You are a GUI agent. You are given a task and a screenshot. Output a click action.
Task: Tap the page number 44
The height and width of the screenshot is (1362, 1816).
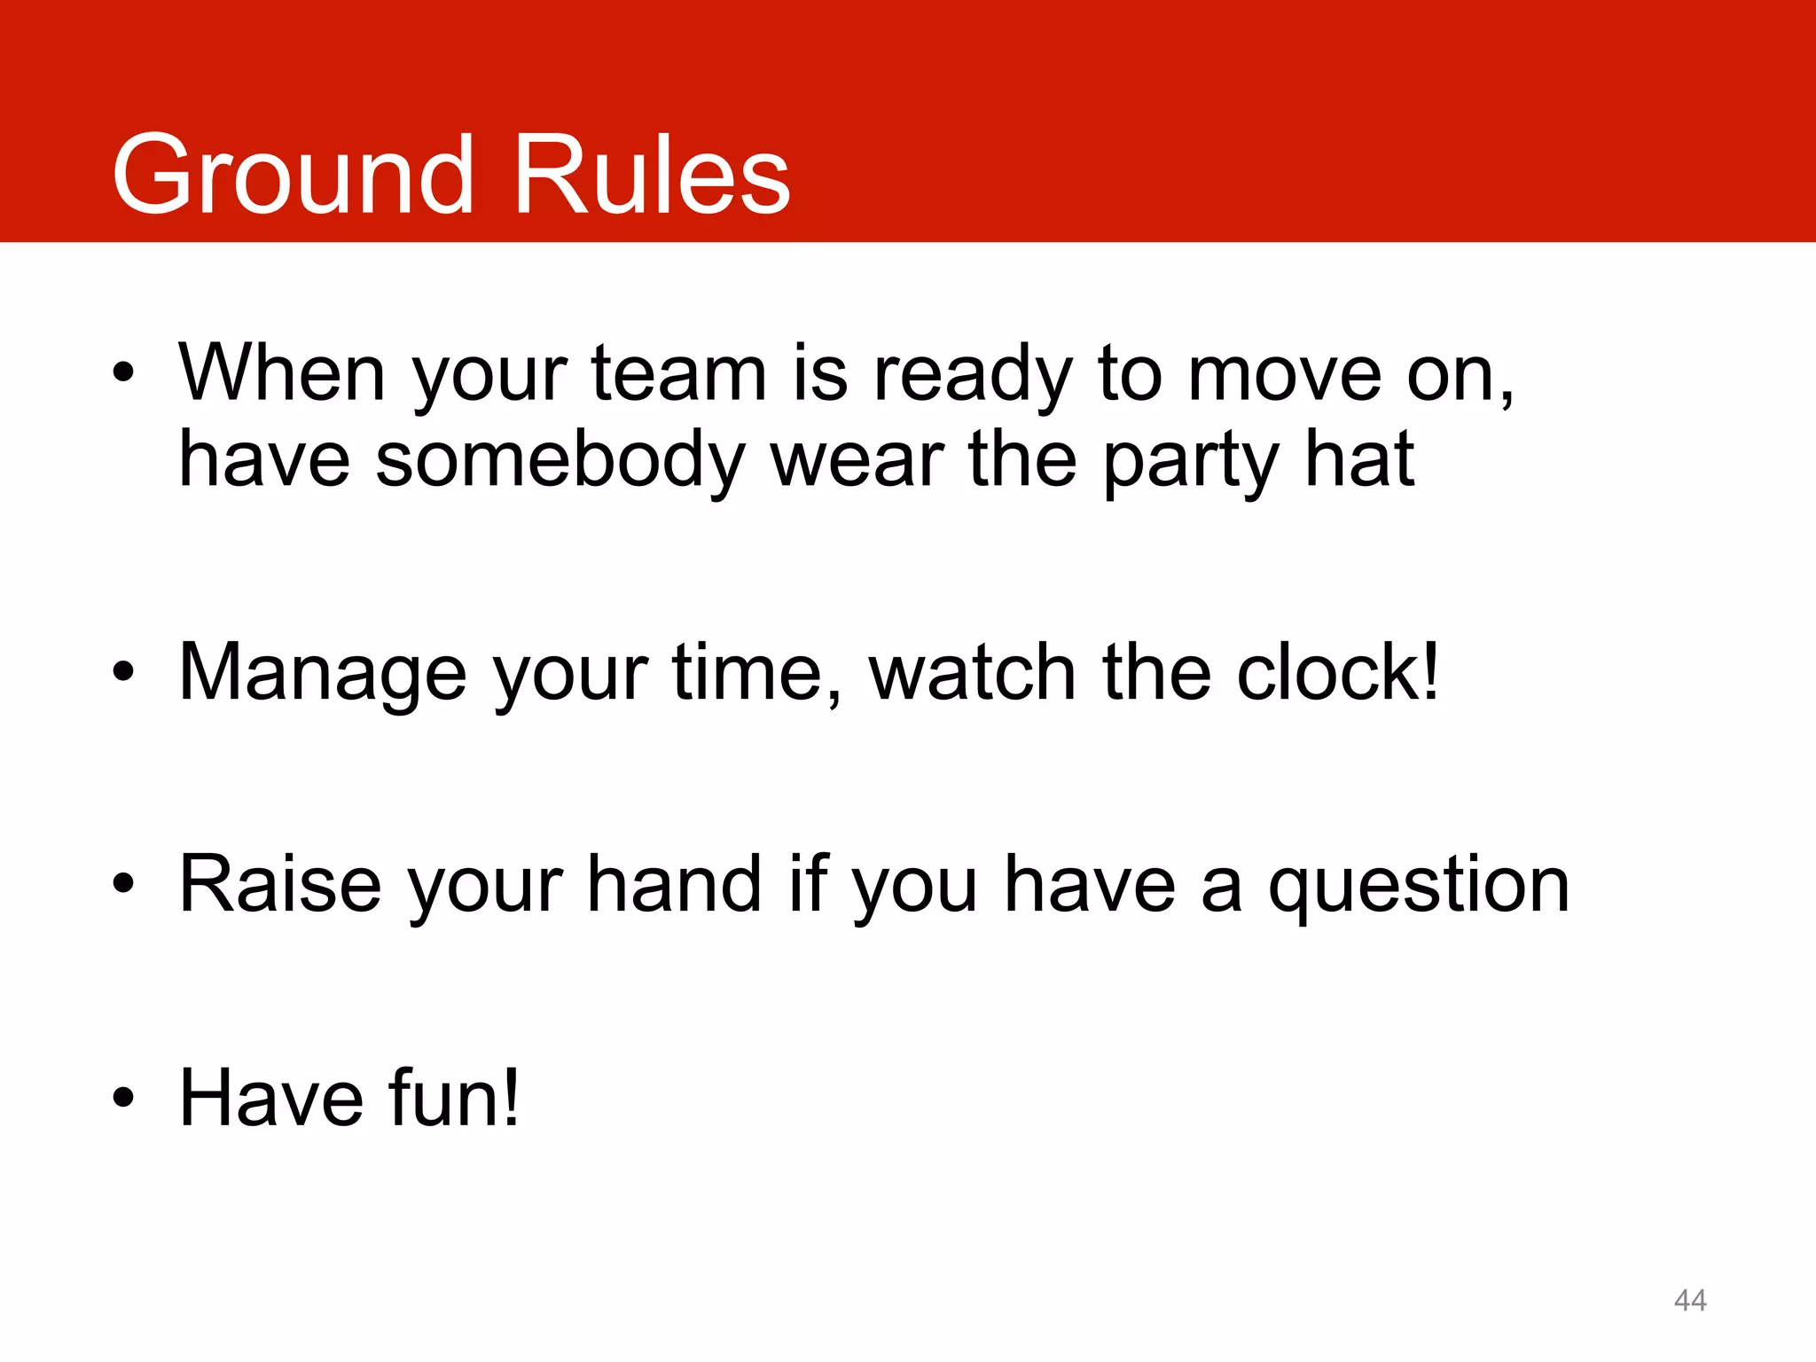tap(1690, 1300)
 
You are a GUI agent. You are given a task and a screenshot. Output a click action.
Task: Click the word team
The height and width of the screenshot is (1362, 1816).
tap(678, 374)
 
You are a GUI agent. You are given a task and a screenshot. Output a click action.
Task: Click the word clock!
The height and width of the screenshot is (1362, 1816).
tap(1338, 672)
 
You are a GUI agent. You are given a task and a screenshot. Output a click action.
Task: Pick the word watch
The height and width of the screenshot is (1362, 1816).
tap(972, 672)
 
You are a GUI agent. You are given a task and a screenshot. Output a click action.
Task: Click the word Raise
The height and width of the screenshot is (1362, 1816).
tap(280, 884)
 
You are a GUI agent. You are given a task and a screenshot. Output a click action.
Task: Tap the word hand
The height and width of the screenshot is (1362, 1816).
tap(674, 884)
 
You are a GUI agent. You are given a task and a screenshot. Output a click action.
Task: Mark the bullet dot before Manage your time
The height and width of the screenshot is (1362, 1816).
tap(123, 673)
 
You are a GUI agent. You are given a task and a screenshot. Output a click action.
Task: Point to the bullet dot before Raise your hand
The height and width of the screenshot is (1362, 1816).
tap(123, 885)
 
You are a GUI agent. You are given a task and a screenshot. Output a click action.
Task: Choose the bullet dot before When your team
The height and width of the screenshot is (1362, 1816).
tap(123, 373)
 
